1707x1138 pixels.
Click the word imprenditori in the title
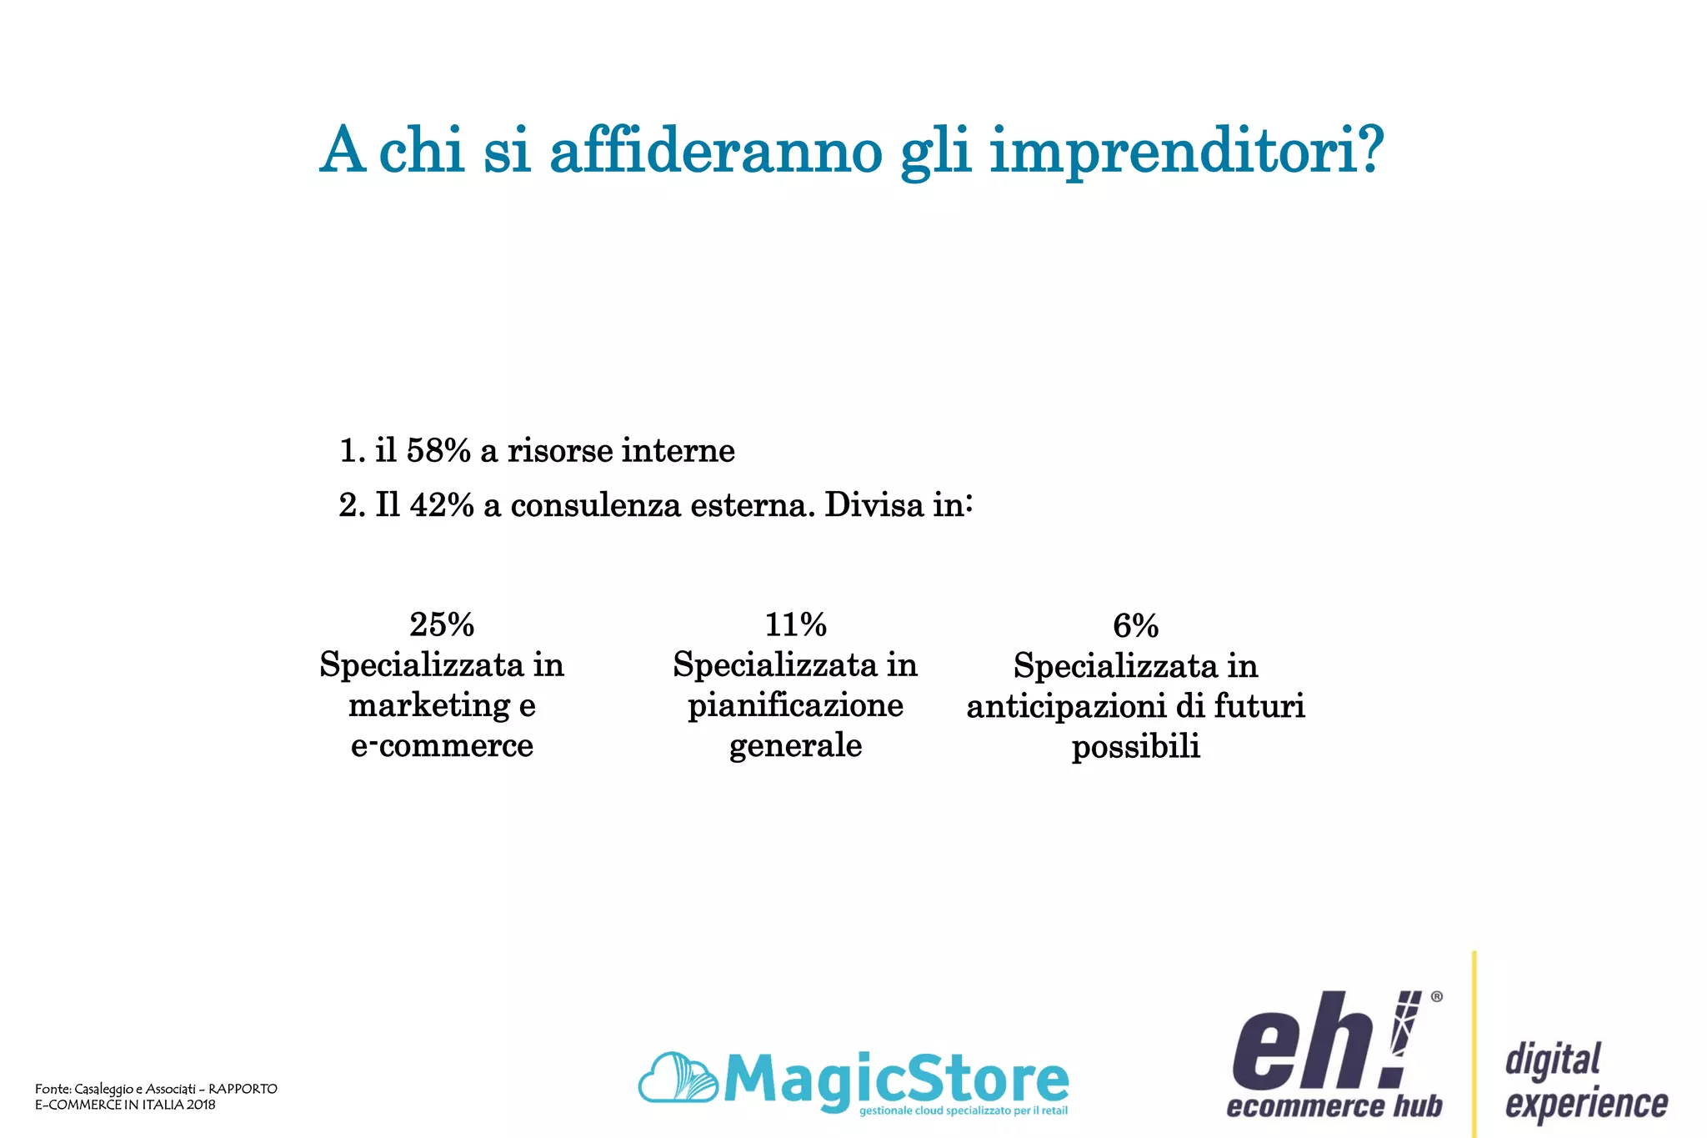tap(1186, 153)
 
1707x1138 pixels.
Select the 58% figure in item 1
tap(438, 451)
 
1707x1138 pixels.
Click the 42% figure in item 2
tap(441, 505)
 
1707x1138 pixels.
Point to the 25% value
tap(442, 624)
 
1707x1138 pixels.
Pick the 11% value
tap(795, 624)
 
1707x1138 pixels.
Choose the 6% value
tap(1135, 626)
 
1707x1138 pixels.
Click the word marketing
tap(429, 706)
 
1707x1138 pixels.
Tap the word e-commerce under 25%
tap(442, 745)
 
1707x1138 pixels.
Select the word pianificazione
tap(795, 706)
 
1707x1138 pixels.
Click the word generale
tap(795, 745)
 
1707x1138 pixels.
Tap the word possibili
tap(1135, 747)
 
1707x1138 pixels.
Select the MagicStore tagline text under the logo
tap(963, 1111)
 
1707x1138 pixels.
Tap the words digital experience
tap(1585, 1081)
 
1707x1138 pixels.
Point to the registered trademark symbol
tap(1436, 996)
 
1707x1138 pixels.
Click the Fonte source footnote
tap(156, 1096)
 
